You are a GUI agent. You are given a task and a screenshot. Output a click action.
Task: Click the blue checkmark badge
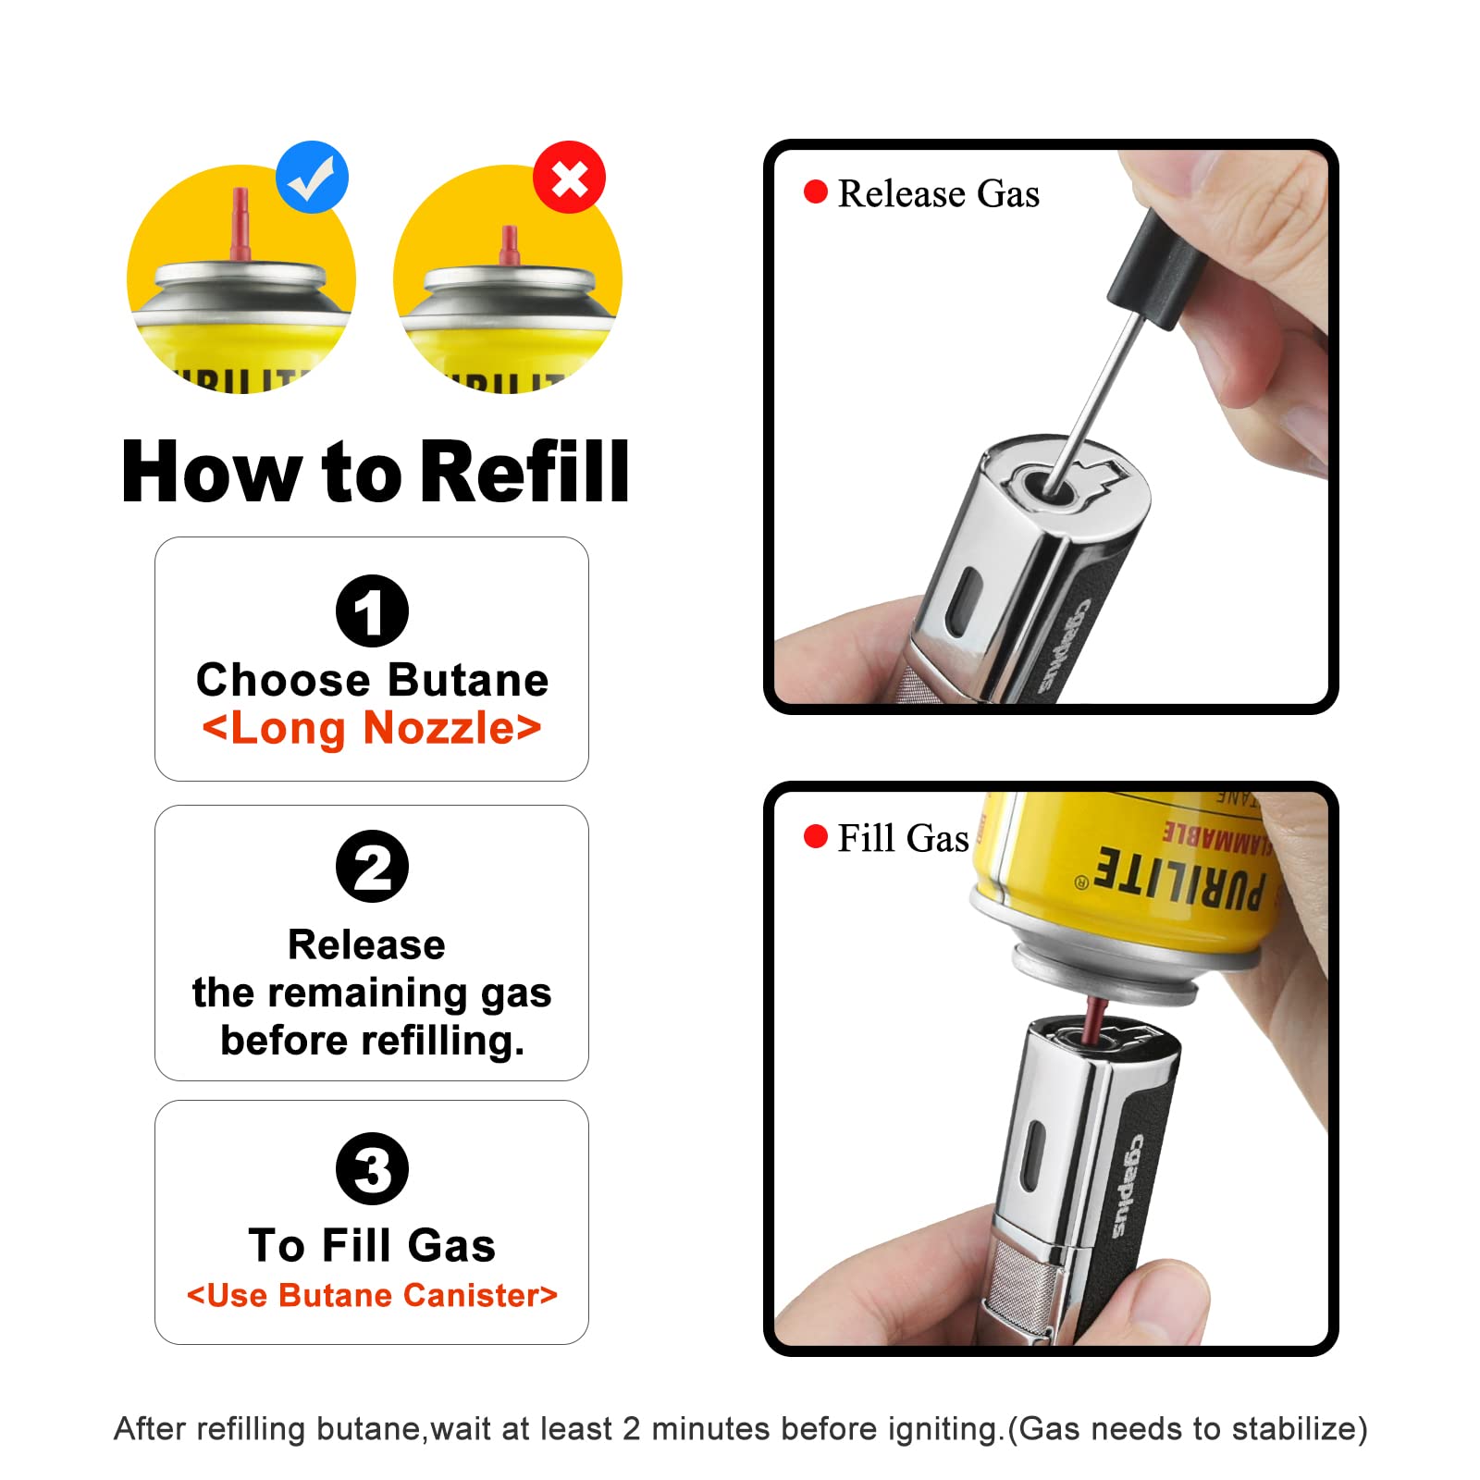[x=313, y=178]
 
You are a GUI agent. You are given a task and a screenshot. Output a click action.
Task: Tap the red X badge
[x=569, y=178]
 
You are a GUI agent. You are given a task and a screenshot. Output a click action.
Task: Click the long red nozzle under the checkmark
[x=240, y=226]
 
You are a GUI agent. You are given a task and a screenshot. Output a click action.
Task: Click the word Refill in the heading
[x=524, y=472]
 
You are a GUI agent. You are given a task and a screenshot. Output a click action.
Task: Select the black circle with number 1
[x=372, y=611]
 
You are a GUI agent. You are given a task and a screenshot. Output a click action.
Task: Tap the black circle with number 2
[x=372, y=867]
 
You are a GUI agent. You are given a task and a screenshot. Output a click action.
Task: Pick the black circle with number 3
[x=372, y=1168]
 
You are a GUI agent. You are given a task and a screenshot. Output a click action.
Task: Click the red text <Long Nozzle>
[x=372, y=728]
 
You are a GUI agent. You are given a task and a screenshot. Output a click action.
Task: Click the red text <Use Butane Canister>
[x=372, y=1295]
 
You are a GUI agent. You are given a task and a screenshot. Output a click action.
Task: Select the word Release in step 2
[x=366, y=944]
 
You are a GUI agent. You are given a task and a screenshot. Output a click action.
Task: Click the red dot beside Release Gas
[x=815, y=191]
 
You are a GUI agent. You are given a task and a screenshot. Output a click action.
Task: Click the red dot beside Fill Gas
[x=815, y=836]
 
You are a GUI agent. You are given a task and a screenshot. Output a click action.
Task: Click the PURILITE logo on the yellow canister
[x=1178, y=878]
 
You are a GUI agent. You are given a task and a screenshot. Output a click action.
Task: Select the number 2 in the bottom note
[x=632, y=1429]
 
